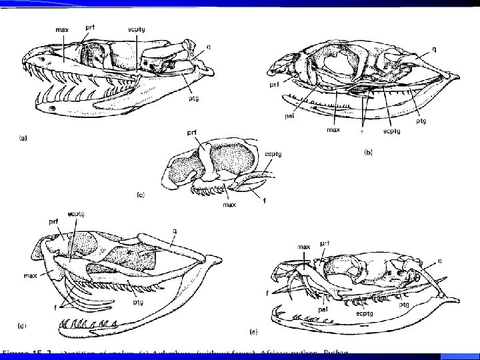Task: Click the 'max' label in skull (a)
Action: pyautogui.click(x=63, y=30)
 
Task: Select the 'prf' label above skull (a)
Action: pyautogui.click(x=90, y=26)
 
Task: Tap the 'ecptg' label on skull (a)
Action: pyautogui.click(x=137, y=30)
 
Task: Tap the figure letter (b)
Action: pyautogui.click(x=369, y=152)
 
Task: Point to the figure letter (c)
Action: pyautogui.click(x=140, y=195)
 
